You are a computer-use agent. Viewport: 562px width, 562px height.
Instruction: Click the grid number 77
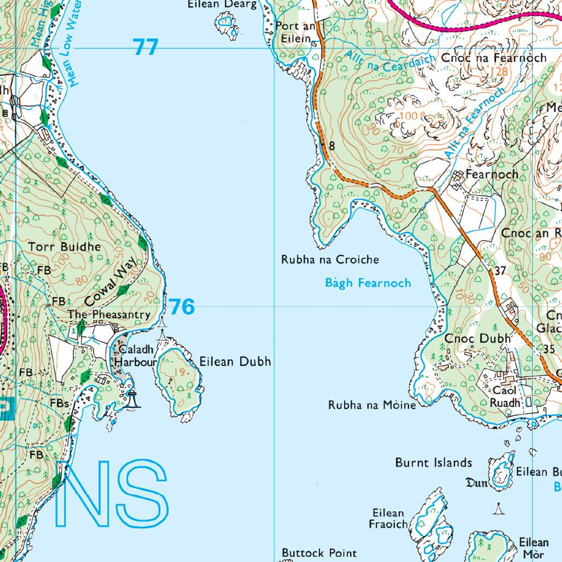(145, 47)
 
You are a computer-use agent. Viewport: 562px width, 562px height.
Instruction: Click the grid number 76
(181, 306)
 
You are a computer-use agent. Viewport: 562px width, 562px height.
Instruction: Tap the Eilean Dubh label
(235, 361)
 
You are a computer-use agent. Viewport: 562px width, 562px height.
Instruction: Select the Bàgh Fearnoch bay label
(368, 283)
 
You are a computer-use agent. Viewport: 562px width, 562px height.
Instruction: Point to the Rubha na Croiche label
(330, 259)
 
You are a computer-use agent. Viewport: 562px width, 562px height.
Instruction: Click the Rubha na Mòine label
(372, 405)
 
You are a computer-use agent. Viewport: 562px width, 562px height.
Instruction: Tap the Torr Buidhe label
(65, 247)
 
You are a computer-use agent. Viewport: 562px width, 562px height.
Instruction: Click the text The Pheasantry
(109, 314)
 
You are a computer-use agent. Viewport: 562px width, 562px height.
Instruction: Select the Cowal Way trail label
(111, 282)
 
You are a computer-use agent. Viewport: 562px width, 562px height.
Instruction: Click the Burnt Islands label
(433, 463)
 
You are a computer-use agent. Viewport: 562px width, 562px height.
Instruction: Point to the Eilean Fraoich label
(388, 519)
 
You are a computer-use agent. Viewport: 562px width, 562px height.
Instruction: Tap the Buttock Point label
(319, 553)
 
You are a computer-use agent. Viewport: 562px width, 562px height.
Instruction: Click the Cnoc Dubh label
(478, 339)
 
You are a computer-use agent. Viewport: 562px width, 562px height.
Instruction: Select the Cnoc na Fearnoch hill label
(494, 58)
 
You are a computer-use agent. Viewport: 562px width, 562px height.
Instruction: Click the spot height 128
(498, 71)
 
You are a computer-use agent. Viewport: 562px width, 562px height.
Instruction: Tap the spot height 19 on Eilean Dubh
(180, 372)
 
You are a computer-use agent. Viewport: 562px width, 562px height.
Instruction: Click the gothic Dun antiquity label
(476, 483)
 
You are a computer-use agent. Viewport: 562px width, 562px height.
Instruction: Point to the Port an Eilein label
(295, 32)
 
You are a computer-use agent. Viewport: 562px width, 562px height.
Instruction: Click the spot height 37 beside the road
(500, 271)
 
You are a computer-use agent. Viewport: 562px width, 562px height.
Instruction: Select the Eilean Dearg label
(222, 4)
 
